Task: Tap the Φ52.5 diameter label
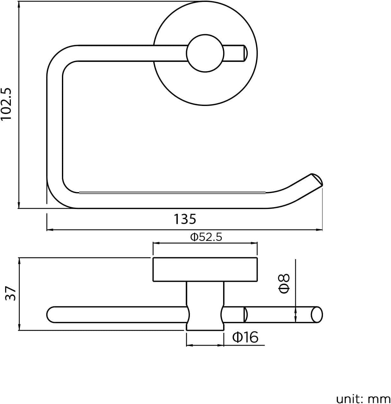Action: tap(206, 237)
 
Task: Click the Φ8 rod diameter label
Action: tap(284, 283)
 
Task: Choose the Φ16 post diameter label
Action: tap(245, 337)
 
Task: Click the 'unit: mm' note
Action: tap(363, 399)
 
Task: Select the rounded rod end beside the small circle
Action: tap(244, 53)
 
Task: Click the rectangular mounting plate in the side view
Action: tap(205, 269)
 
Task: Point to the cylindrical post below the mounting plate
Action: tap(205, 306)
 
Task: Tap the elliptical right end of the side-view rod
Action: tap(317, 315)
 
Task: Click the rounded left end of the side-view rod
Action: tap(51, 315)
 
